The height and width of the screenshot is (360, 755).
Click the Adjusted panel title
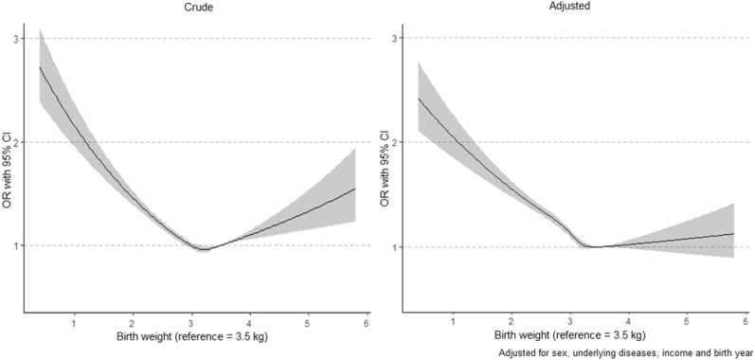[x=571, y=7]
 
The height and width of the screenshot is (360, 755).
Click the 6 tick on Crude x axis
[x=366, y=324]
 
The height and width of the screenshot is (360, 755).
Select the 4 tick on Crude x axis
[x=249, y=324]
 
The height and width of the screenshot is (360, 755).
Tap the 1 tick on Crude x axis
[x=74, y=324]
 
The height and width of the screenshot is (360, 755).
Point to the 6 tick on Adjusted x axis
[x=746, y=324]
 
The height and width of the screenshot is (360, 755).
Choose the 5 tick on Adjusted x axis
[x=687, y=324]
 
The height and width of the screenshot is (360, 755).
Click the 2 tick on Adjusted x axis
[x=512, y=324]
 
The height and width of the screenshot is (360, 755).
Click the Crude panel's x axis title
[x=191, y=339]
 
